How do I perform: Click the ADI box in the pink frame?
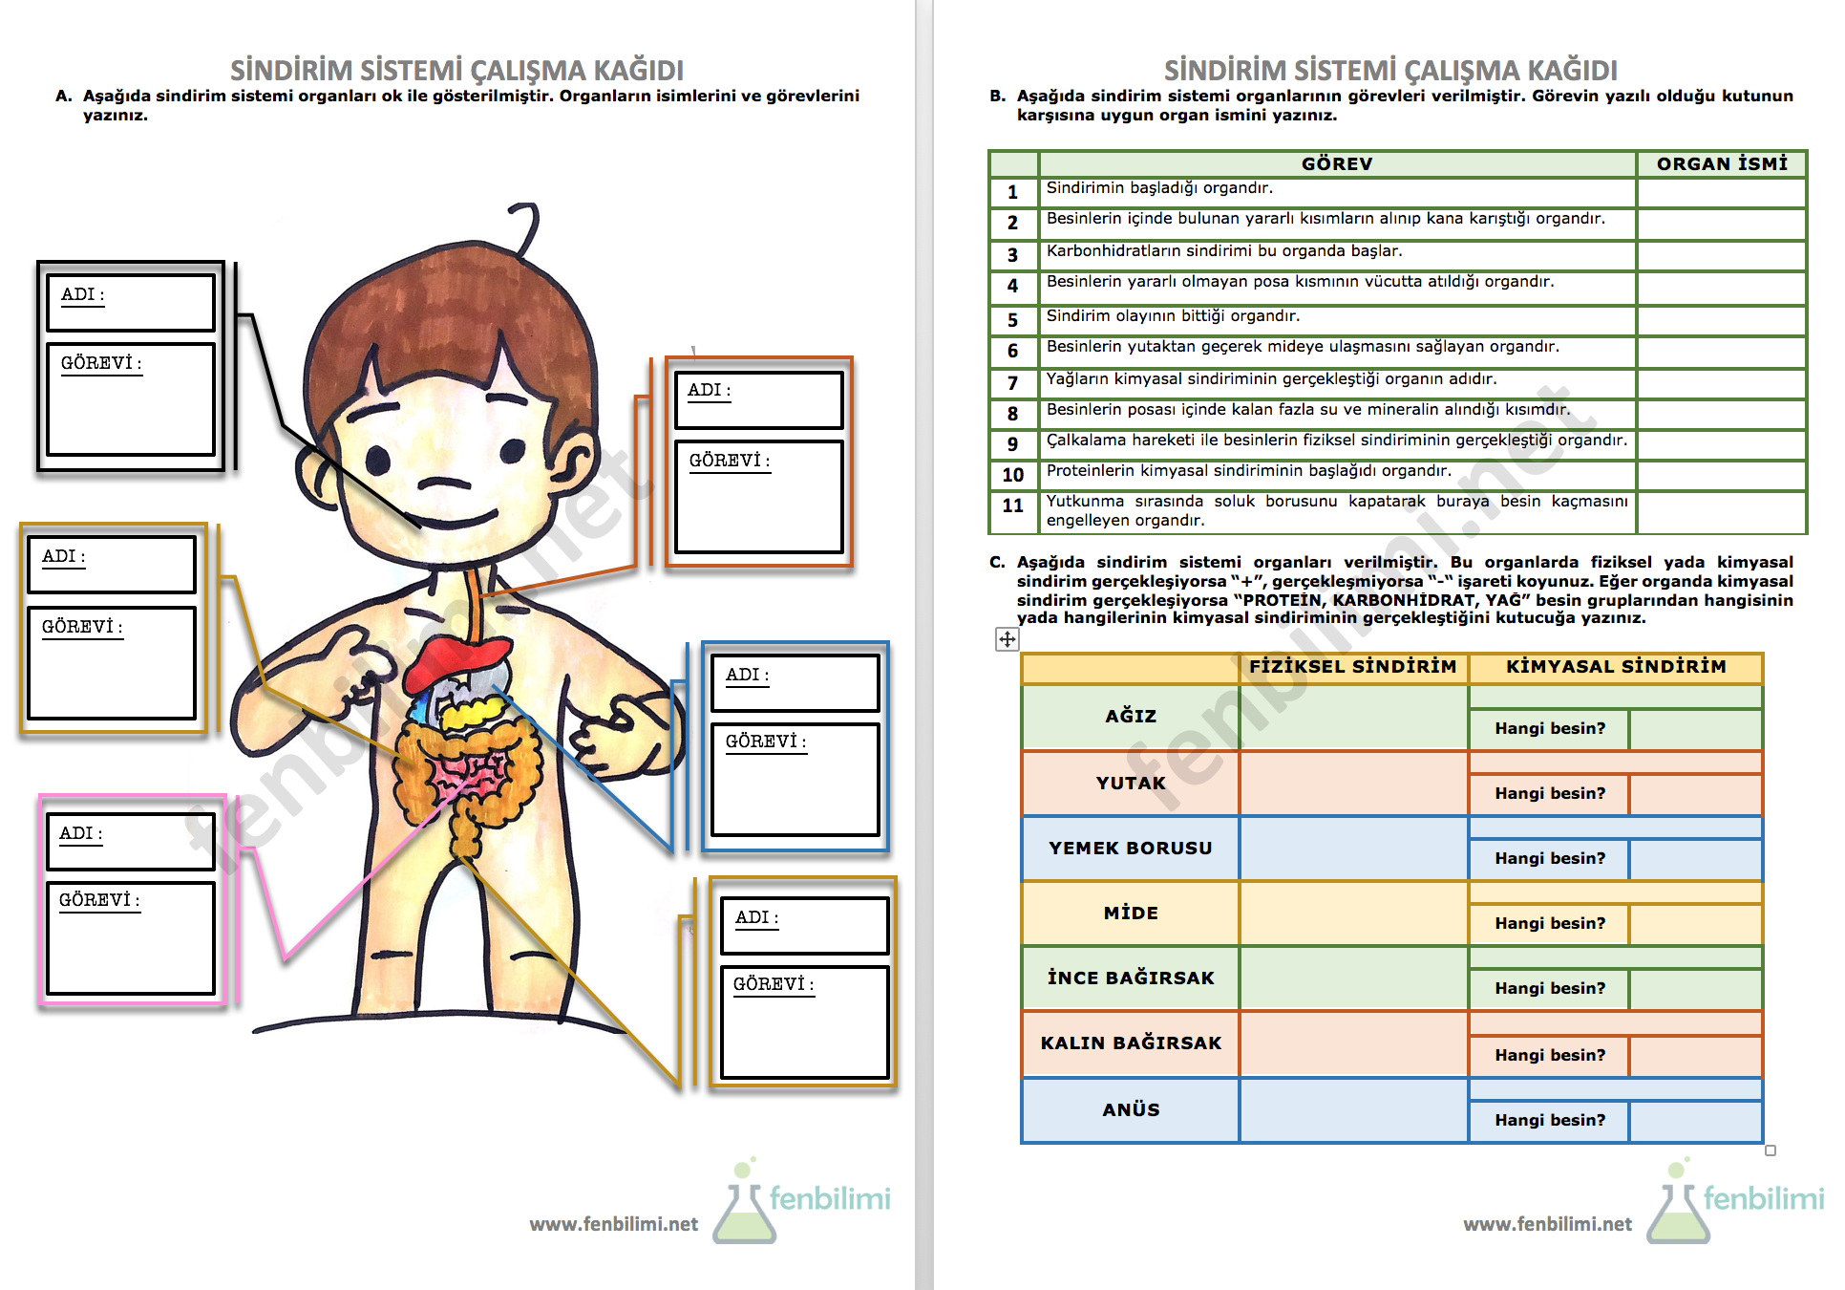coord(130,841)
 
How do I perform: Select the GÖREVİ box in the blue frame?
coord(795,779)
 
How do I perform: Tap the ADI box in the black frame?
coord(130,302)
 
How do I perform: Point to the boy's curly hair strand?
coord(526,228)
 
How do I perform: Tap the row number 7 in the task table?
coord(1012,383)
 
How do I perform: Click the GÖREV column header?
coord(1336,164)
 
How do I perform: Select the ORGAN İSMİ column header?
coord(1721,164)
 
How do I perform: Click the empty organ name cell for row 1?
coord(1721,192)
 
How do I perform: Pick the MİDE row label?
coord(1131,914)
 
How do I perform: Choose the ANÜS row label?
coord(1131,1110)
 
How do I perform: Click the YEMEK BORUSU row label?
coord(1131,849)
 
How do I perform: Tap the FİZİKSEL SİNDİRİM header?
coord(1352,667)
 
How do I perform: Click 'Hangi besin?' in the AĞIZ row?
coord(1549,729)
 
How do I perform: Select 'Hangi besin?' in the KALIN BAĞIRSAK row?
coord(1549,1056)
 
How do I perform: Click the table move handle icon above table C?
coord(1007,639)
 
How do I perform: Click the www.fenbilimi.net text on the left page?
coord(613,1225)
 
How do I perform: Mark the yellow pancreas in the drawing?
coord(473,712)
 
